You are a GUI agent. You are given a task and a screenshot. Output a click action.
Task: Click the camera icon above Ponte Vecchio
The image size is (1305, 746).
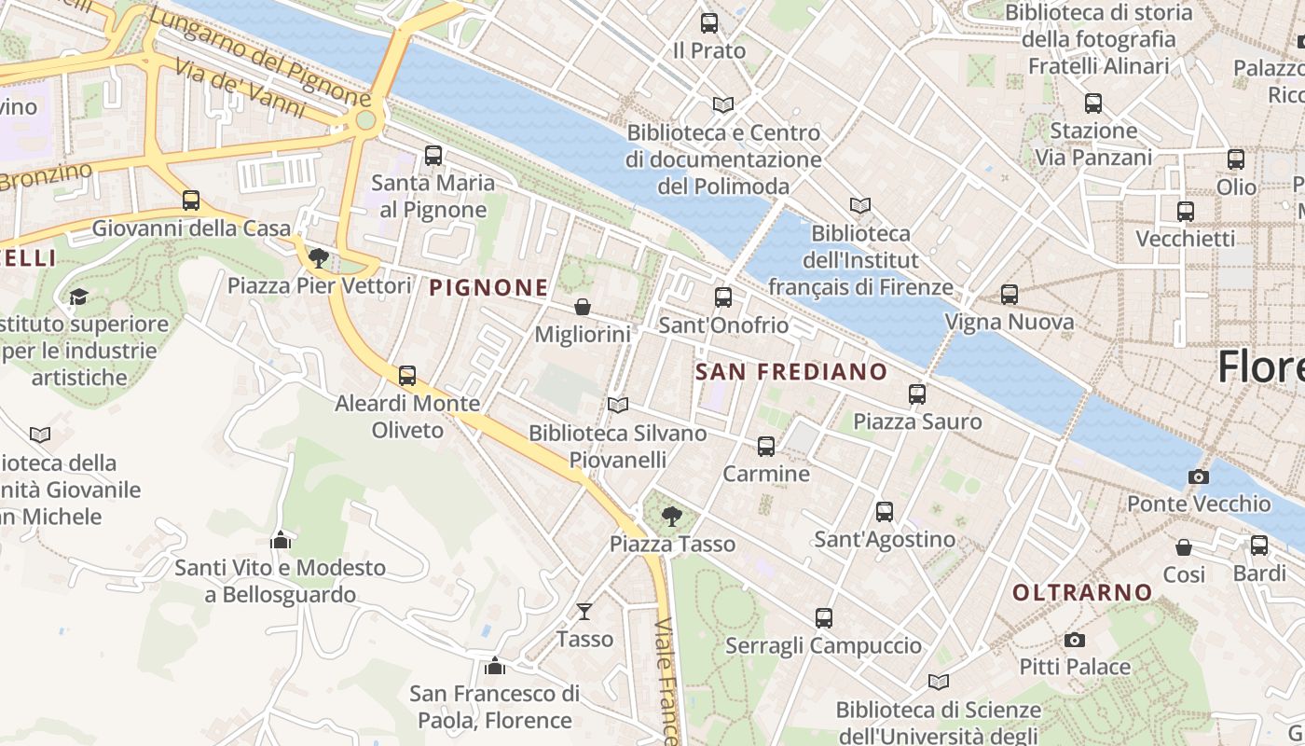point(1199,477)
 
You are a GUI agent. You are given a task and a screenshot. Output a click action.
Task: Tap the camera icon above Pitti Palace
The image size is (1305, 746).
point(1075,641)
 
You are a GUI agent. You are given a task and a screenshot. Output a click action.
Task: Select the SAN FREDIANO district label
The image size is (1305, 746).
point(791,372)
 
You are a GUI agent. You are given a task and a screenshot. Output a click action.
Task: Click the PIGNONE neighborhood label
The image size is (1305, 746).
point(488,288)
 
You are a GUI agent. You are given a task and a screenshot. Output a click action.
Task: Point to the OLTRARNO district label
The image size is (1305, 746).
point(1082,592)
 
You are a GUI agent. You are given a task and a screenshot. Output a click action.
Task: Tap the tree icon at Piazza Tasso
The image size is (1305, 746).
point(671,516)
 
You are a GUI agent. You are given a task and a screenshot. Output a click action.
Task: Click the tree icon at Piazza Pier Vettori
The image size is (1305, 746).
point(319,258)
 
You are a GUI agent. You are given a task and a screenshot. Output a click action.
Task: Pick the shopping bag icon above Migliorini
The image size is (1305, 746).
point(583,307)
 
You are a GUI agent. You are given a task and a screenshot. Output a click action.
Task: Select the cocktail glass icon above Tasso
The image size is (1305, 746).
point(584,612)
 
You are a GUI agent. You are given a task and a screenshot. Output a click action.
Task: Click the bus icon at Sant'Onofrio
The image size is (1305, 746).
point(723,297)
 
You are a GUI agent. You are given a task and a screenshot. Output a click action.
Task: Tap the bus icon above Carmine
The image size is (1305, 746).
point(766,447)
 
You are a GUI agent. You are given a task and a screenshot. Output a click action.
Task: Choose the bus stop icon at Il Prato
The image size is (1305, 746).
point(709,23)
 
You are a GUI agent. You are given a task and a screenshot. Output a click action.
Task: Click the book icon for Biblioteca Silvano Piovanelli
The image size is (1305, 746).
point(618,405)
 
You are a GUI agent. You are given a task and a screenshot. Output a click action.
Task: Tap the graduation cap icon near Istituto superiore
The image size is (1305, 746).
point(79,297)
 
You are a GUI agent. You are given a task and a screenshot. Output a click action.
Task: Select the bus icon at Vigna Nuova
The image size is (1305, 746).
point(1010,295)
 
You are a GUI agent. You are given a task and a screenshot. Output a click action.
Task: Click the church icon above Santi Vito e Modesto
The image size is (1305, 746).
point(281,540)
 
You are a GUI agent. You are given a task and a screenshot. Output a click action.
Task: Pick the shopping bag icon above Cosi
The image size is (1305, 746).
point(1184,547)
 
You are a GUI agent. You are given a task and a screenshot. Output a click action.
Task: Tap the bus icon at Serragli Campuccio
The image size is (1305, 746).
point(824,617)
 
